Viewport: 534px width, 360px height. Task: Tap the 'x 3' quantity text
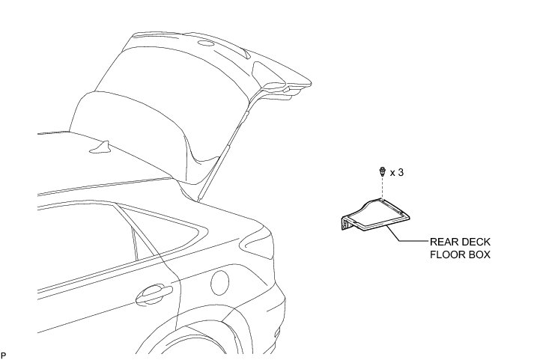click(397, 173)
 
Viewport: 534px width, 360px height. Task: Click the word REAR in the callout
click(443, 242)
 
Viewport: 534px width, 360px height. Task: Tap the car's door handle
click(154, 293)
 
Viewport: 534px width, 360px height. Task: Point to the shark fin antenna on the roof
click(103, 147)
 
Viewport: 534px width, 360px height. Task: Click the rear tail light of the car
click(255, 243)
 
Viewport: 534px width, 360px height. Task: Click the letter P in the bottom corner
click(4, 353)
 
